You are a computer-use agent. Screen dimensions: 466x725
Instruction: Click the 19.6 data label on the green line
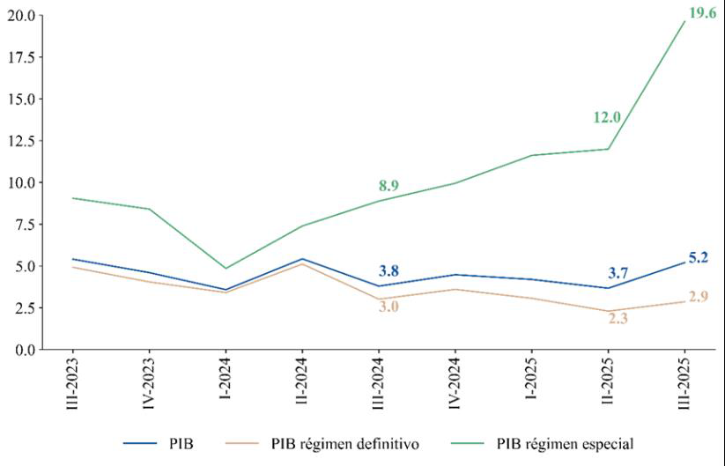(701, 13)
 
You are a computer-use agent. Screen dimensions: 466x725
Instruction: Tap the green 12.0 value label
(607, 118)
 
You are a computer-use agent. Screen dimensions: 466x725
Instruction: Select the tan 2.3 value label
(618, 318)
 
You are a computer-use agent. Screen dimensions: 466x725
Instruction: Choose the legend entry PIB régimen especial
(565, 443)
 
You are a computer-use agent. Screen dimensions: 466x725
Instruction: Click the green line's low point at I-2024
(225, 268)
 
